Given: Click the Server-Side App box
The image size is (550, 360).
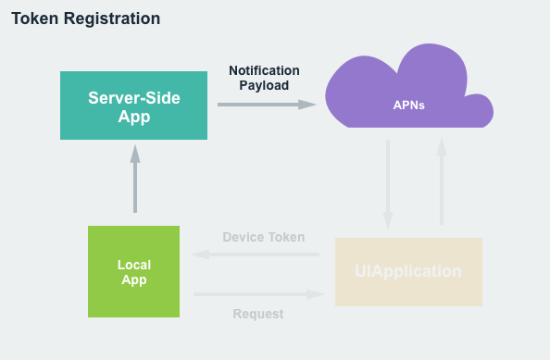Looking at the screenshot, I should [133, 106].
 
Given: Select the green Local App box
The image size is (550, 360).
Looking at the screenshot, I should [133, 272].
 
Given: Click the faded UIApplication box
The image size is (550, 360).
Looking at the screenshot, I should [408, 272].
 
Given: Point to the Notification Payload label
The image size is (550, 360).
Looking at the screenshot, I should [264, 78].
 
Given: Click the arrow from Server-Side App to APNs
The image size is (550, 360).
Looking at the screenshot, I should [267, 105].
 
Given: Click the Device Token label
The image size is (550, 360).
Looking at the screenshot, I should [263, 237].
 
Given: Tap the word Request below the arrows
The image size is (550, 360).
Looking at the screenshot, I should [258, 314].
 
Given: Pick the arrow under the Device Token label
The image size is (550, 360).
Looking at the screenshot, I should [256, 254].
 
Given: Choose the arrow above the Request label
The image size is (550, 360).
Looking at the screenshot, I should [259, 294].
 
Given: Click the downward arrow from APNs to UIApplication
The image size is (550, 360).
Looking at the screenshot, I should [388, 183].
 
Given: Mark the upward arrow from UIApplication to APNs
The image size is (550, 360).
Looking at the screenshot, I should [442, 181].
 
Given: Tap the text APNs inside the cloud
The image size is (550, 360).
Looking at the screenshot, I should [408, 105].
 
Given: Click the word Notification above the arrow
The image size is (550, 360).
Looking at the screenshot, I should [264, 70].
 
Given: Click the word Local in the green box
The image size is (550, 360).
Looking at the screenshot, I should [133, 265].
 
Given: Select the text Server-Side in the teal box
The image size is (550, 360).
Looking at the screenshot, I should [133, 97].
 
